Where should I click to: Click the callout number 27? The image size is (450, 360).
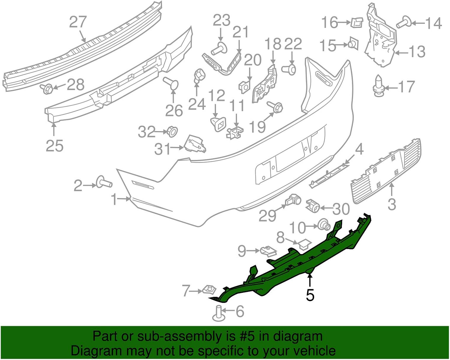(x=78, y=22)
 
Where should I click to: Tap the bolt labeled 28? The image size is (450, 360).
(x=47, y=89)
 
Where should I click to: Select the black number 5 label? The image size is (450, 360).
(x=310, y=295)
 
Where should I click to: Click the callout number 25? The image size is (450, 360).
(x=55, y=146)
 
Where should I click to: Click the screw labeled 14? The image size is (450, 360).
(x=403, y=22)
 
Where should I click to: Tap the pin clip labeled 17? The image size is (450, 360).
(x=379, y=85)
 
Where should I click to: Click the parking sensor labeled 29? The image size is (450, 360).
(x=292, y=200)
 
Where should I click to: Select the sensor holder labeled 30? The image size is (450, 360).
(x=312, y=206)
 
